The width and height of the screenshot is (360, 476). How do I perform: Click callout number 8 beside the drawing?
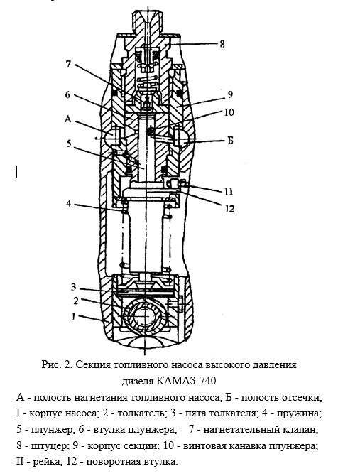pos(222,44)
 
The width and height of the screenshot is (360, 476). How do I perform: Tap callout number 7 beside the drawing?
pos(68,64)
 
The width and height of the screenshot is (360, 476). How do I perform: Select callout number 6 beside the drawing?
pos(67,94)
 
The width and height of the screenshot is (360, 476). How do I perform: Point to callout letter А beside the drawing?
pos(67,119)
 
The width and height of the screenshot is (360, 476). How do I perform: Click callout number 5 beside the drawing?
pos(69,144)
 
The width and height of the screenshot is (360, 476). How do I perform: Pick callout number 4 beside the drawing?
pos(69,203)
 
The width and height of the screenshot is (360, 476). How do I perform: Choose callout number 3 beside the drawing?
pos(73,286)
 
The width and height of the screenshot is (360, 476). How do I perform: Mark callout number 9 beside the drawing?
pos(230,94)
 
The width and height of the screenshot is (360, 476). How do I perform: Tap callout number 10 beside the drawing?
pos(229,112)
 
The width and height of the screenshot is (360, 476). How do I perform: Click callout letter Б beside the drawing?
pos(230,141)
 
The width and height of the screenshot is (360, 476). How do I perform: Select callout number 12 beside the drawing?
pos(229,209)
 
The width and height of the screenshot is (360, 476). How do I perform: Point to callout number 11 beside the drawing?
pos(229,192)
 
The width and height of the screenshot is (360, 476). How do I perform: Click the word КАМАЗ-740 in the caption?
pos(186,381)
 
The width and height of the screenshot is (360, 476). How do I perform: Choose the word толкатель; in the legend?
pos(141,413)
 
